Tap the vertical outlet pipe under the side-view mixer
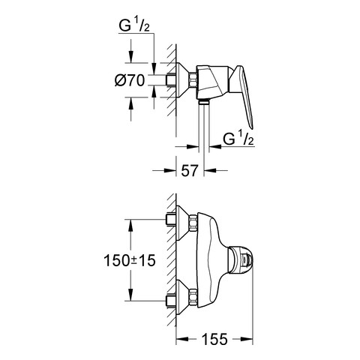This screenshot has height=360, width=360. [x=203, y=131]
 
